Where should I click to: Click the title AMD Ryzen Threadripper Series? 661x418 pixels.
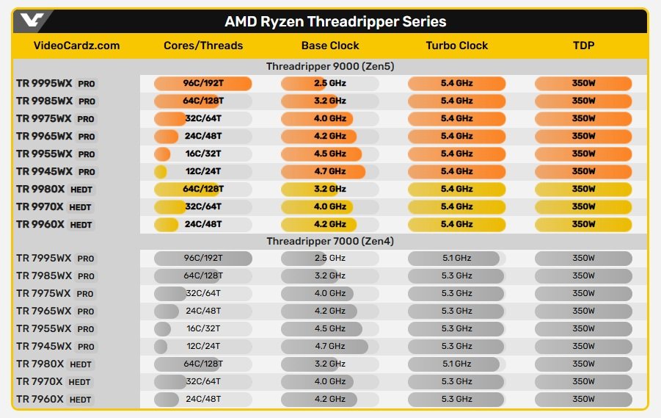click(x=335, y=22)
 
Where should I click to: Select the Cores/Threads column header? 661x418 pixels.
click(x=203, y=46)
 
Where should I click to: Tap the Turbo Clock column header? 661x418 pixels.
click(x=456, y=46)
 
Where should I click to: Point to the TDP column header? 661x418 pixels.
click(x=583, y=46)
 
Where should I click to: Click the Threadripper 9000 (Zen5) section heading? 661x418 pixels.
click(x=329, y=66)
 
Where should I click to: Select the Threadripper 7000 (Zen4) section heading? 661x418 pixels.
click(x=329, y=241)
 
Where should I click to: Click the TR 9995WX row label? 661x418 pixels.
click(x=44, y=83)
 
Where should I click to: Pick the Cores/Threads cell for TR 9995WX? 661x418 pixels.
click(x=203, y=83)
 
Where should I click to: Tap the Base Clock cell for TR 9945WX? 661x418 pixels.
click(x=329, y=171)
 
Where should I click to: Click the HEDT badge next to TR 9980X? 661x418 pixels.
click(x=81, y=190)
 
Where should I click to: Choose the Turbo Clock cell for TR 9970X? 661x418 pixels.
click(x=456, y=206)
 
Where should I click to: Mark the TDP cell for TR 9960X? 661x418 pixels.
click(x=583, y=224)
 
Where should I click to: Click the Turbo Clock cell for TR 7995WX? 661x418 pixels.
click(x=456, y=258)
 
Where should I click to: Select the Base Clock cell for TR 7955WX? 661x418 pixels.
click(x=329, y=328)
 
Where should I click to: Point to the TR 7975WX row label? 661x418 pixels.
click(x=44, y=294)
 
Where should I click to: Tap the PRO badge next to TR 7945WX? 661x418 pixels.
click(x=86, y=347)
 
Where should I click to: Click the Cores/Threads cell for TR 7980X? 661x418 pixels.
click(x=203, y=364)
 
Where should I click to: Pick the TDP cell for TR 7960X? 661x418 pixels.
click(x=583, y=399)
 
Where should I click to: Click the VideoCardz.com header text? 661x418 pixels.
click(x=76, y=46)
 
